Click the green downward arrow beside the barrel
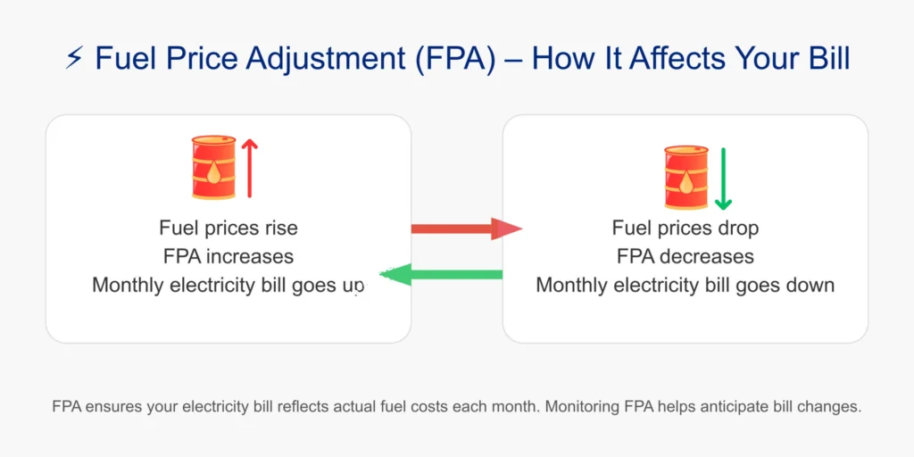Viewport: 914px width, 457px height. coord(722,178)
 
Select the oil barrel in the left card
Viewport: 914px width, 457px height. coord(214,167)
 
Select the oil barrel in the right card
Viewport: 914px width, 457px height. coord(685,178)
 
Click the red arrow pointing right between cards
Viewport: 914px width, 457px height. coord(464,229)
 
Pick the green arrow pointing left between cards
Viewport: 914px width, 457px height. coord(442,274)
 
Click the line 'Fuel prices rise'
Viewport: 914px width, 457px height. coord(228,228)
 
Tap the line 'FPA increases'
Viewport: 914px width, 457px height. coord(228,256)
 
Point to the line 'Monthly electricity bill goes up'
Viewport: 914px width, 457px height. coord(228,285)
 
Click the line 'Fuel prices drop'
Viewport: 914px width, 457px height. coord(685,228)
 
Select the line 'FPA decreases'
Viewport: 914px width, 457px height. coord(685,256)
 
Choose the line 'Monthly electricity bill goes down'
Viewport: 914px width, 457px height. coord(685,285)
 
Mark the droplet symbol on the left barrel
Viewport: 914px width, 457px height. coord(214,171)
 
